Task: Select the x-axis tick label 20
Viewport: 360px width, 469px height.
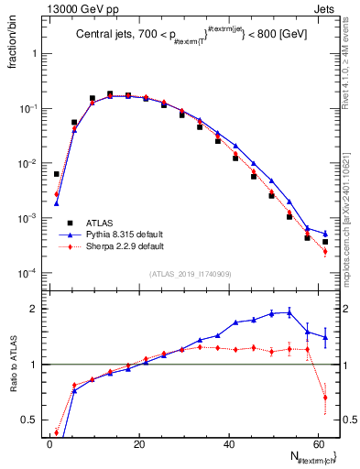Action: point(137,444)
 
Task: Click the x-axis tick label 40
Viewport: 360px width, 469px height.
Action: point(227,444)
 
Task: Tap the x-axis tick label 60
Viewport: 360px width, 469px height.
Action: point(317,444)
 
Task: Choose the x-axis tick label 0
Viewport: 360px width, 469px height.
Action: point(49,444)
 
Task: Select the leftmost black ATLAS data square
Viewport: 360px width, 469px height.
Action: point(57,174)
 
